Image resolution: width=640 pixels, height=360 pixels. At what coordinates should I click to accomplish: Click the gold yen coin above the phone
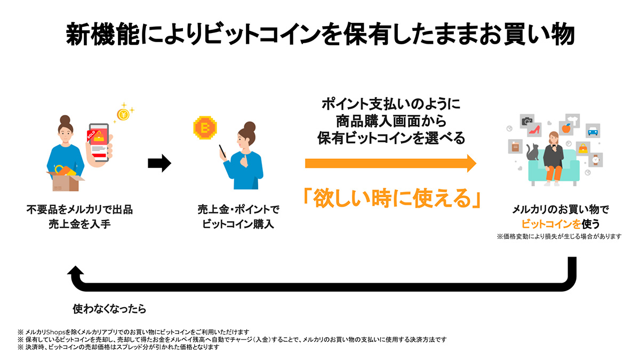pyautogui.click(x=123, y=114)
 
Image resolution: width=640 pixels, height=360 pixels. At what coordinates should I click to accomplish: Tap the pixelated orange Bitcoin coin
pyautogui.click(x=205, y=127)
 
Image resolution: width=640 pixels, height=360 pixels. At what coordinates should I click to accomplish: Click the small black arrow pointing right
pyautogui.click(x=159, y=163)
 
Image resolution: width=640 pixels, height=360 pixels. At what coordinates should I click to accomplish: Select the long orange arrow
pyautogui.click(x=390, y=163)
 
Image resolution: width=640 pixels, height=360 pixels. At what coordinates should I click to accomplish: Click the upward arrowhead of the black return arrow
pyautogui.click(x=76, y=270)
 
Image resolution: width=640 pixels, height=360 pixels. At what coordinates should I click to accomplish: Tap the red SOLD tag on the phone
pyautogui.click(x=91, y=134)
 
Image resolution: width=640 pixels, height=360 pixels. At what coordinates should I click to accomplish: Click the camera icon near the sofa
pyautogui.click(x=527, y=121)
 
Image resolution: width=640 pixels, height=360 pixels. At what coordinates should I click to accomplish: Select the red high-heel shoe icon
pyautogui.click(x=534, y=130)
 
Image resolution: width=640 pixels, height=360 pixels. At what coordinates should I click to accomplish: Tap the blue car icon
pyautogui.click(x=593, y=131)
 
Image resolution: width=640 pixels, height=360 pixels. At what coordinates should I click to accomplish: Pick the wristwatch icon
pyautogui.click(x=596, y=159)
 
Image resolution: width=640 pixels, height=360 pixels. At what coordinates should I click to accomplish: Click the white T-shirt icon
pyautogui.click(x=573, y=121)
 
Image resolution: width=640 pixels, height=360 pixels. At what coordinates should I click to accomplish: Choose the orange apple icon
pyautogui.click(x=566, y=129)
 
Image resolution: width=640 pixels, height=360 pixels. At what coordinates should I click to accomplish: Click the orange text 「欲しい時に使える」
pyautogui.click(x=392, y=198)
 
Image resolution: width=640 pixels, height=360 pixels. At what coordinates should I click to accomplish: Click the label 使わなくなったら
pyautogui.click(x=109, y=309)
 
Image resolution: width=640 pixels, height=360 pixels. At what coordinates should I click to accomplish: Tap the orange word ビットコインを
pyautogui.click(x=551, y=224)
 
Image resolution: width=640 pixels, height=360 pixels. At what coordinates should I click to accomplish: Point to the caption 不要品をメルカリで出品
pyautogui.click(x=79, y=210)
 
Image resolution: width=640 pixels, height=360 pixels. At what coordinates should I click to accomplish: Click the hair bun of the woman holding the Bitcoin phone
pyautogui.click(x=250, y=126)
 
